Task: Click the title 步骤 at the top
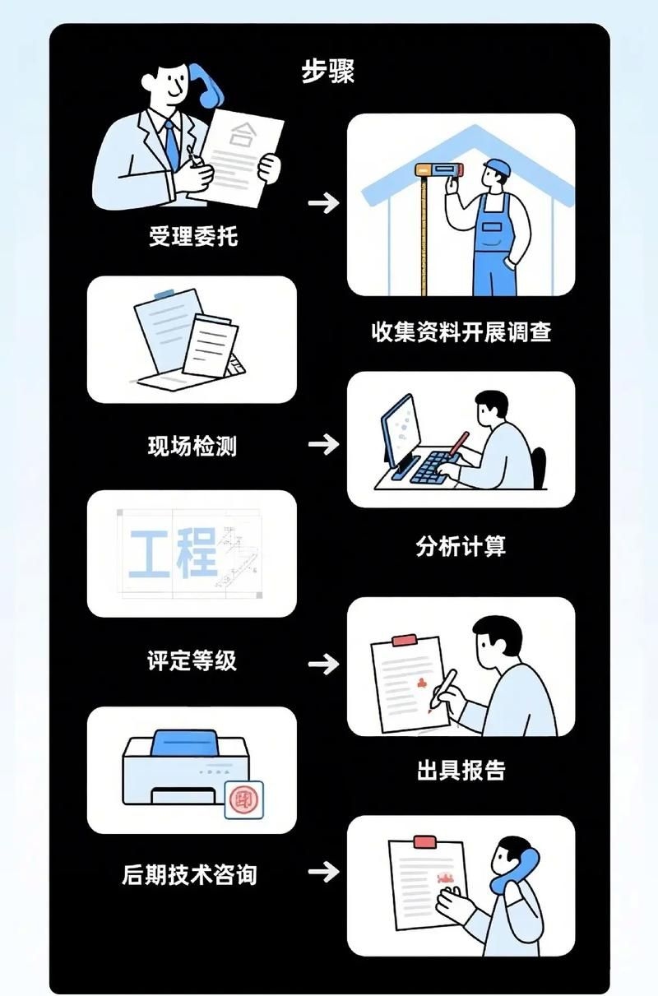click(327, 72)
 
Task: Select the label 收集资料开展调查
click(461, 331)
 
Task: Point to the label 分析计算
click(461, 546)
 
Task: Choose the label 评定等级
click(192, 660)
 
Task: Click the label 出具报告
click(461, 770)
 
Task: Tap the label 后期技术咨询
click(189, 874)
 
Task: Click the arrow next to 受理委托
click(323, 203)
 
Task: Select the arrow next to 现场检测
click(323, 445)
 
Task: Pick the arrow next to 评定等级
click(323, 663)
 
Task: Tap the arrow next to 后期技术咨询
click(323, 872)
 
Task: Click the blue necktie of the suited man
click(172, 143)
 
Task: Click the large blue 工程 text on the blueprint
click(174, 552)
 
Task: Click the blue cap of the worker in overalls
click(498, 167)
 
